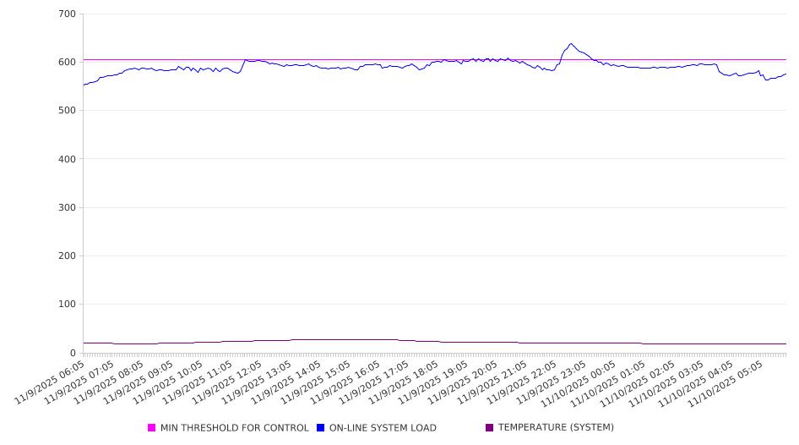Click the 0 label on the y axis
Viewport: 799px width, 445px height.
[73, 353]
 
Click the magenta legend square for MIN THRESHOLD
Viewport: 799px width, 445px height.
[152, 428]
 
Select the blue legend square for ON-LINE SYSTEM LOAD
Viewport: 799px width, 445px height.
[321, 428]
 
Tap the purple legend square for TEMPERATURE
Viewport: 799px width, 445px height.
[490, 428]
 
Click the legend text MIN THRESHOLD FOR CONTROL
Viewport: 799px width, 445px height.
[234, 428]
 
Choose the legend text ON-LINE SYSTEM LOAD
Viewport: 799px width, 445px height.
[383, 428]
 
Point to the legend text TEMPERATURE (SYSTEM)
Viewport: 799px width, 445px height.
[556, 428]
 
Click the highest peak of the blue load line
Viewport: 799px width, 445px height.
[571, 44]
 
